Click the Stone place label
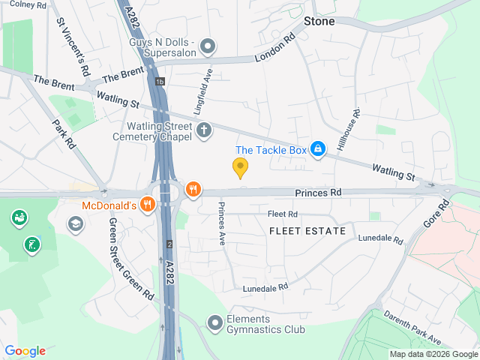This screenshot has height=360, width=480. click(x=319, y=21)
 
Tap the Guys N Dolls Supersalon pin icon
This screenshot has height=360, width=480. click(x=208, y=46)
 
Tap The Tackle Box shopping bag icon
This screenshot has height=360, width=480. click(x=318, y=150)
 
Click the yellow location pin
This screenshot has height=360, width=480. click(x=240, y=168)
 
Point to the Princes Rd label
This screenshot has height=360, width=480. click(x=318, y=193)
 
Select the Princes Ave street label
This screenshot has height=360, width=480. click(x=221, y=223)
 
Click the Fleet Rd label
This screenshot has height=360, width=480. click(x=283, y=214)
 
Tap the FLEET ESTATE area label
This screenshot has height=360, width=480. click(x=307, y=231)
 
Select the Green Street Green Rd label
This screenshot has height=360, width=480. click(x=130, y=259)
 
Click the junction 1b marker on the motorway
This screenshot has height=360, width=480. click(x=160, y=81)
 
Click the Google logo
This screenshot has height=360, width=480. click(x=25, y=351)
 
